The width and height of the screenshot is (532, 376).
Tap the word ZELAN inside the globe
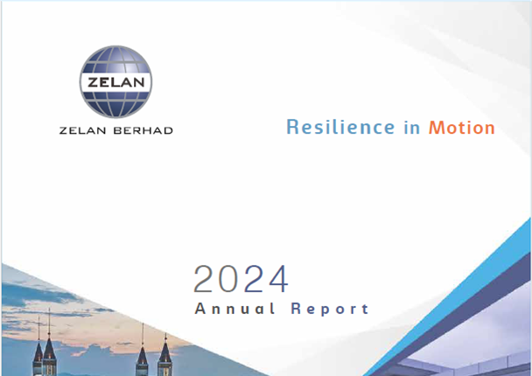pos(117,84)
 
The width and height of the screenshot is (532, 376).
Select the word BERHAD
pos(142,131)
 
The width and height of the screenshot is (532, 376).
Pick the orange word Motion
pos(461,128)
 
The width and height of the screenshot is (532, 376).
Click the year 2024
pos(241,279)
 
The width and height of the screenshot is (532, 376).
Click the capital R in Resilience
pos(293,128)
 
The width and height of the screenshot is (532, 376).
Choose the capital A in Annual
pos(200,309)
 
